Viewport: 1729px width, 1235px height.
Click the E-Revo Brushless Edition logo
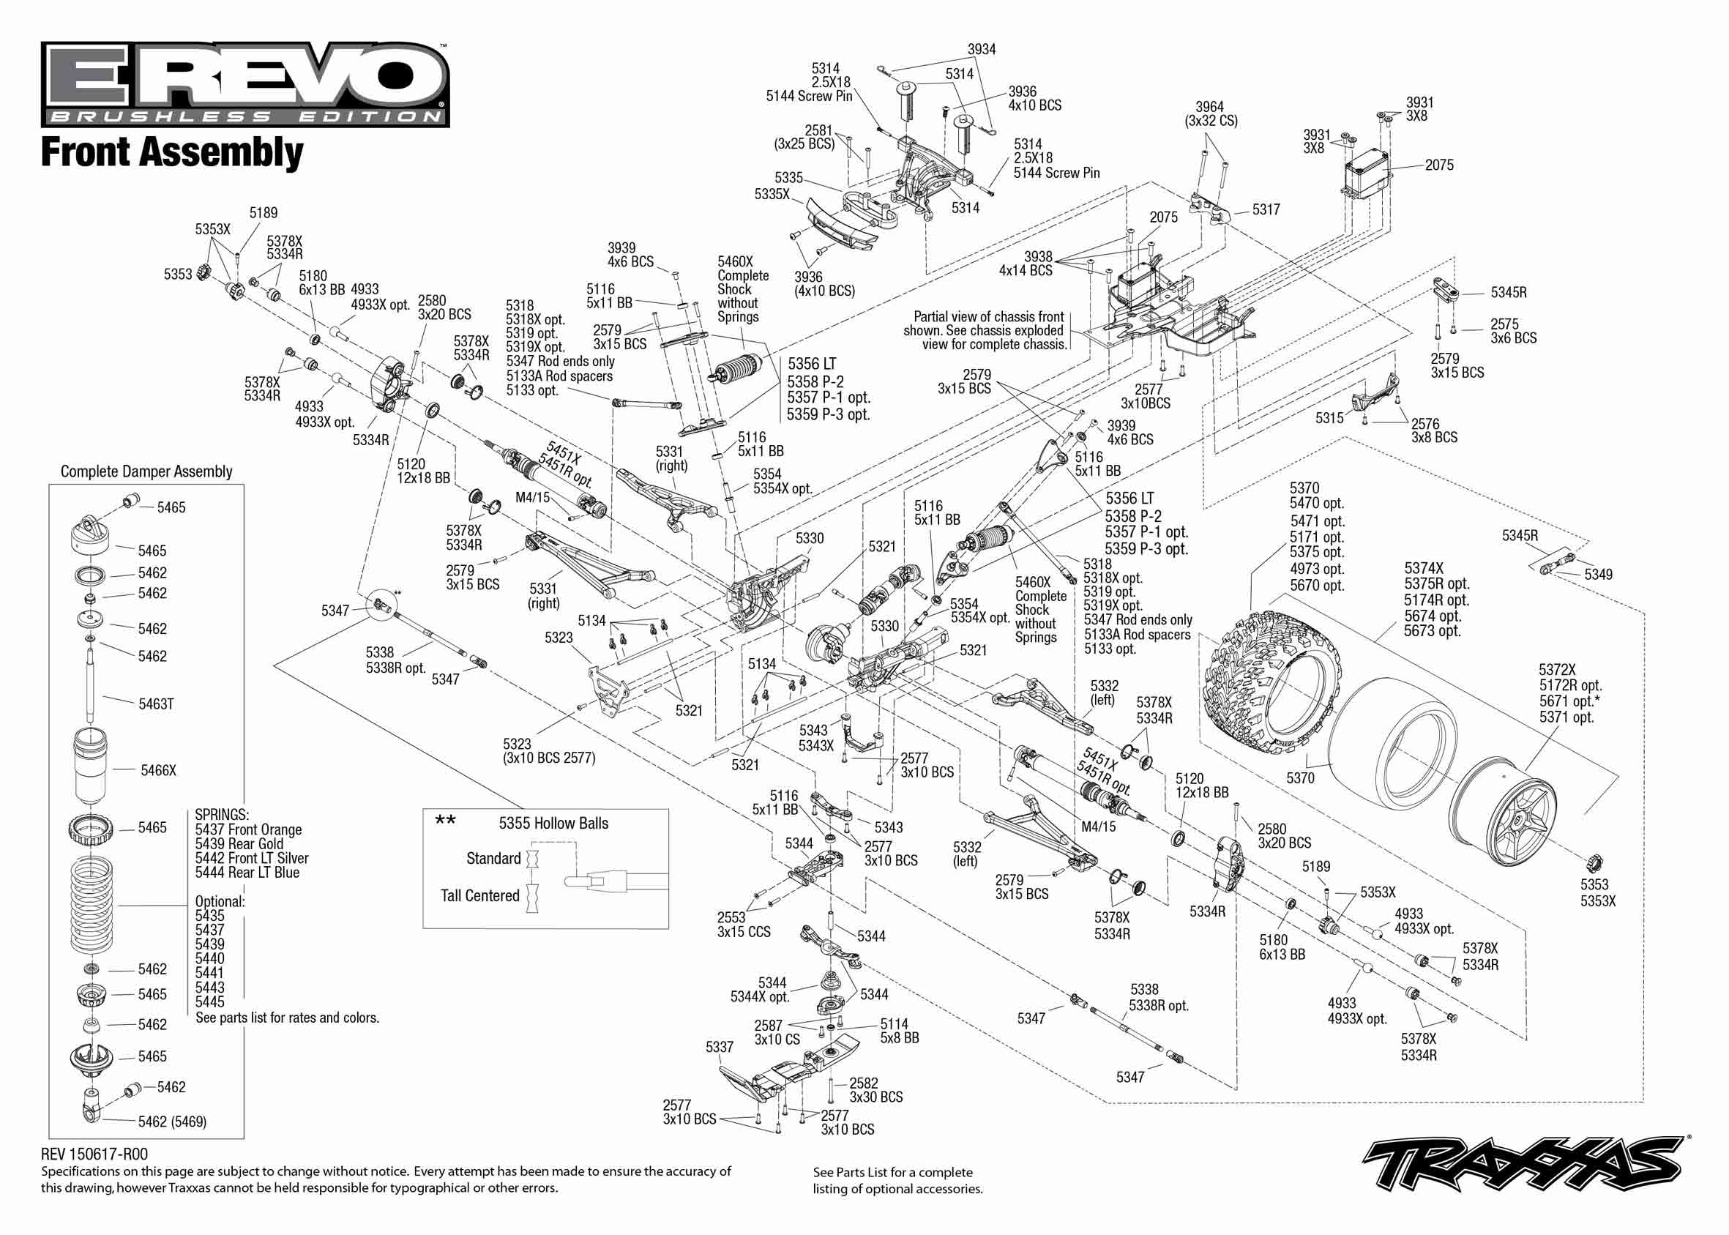244,83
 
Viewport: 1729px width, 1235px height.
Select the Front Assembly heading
172,152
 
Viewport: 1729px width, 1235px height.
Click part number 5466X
158,770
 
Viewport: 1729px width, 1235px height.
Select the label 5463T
156,704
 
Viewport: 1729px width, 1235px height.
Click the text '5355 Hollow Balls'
553,824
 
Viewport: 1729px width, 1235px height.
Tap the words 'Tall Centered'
479,896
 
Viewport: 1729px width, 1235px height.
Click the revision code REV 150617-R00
94,1154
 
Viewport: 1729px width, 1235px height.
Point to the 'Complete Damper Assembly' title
146,471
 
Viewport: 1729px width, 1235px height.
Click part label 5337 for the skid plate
720,1047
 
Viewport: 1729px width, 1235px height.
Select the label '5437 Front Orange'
249,829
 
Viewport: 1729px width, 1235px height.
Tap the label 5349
1598,575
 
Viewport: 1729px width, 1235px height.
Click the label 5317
1266,209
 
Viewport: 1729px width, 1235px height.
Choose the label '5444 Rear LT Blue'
247,872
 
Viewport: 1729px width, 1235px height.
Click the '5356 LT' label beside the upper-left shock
811,364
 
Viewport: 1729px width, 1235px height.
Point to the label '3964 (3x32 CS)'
1211,114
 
